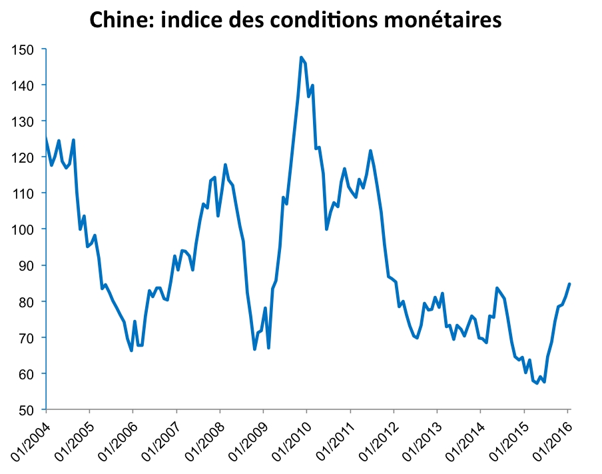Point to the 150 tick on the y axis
(x=29, y=49)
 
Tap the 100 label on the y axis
(x=29, y=229)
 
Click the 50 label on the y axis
(x=31, y=409)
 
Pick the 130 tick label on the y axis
(x=29, y=121)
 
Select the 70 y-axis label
(x=31, y=337)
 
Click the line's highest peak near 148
(x=301, y=57)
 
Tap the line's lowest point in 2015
(x=537, y=383)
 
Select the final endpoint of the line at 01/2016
(x=570, y=284)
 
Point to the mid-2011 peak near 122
(x=370, y=151)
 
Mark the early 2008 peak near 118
(x=225, y=165)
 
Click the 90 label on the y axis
(x=31, y=265)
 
